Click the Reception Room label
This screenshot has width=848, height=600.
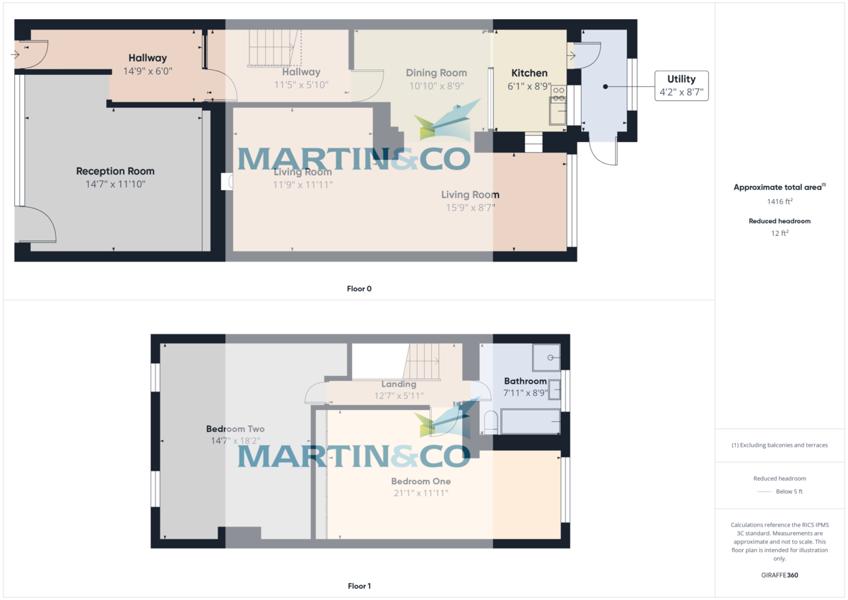[115, 171]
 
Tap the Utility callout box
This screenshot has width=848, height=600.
[681, 86]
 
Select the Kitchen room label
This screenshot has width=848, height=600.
[529, 73]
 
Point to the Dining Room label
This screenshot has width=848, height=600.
[436, 73]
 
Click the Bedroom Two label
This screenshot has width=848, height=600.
[235, 429]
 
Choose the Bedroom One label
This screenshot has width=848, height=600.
[420, 481]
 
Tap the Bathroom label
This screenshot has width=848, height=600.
[525, 381]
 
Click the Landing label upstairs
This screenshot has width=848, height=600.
[399, 384]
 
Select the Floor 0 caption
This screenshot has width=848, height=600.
[359, 288]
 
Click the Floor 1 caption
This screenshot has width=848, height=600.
[359, 586]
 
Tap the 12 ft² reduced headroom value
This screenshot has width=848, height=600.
[780, 233]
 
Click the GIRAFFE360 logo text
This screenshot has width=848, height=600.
[780, 575]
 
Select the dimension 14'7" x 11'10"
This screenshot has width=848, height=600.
[115, 184]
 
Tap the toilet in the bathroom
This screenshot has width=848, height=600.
[489, 423]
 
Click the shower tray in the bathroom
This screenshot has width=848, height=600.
[546, 358]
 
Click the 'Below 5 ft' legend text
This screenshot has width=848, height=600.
[789, 491]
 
